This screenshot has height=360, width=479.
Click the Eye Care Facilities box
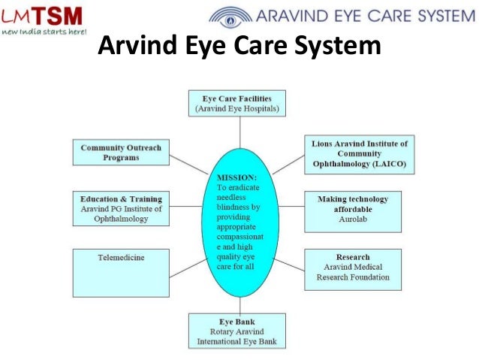(236, 104)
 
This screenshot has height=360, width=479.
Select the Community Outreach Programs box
(120, 153)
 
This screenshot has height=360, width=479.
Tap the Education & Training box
(120, 209)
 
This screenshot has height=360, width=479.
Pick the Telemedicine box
(120, 269)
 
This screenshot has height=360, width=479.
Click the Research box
(352, 269)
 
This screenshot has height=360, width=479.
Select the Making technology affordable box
(352, 210)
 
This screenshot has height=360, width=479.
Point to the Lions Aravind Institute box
(359, 154)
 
